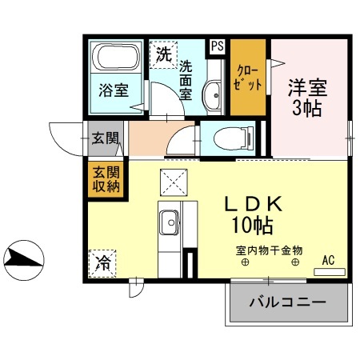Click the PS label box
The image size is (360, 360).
[217, 46]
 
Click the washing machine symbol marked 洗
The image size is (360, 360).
[162, 55]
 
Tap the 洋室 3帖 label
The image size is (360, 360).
[306, 96]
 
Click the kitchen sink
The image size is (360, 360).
[170, 221]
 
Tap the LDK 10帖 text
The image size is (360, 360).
[256, 214]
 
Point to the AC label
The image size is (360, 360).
[329, 259]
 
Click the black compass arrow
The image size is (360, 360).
[24, 258]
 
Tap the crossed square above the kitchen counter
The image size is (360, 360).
[173, 181]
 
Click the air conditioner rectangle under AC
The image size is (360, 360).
[329, 272]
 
